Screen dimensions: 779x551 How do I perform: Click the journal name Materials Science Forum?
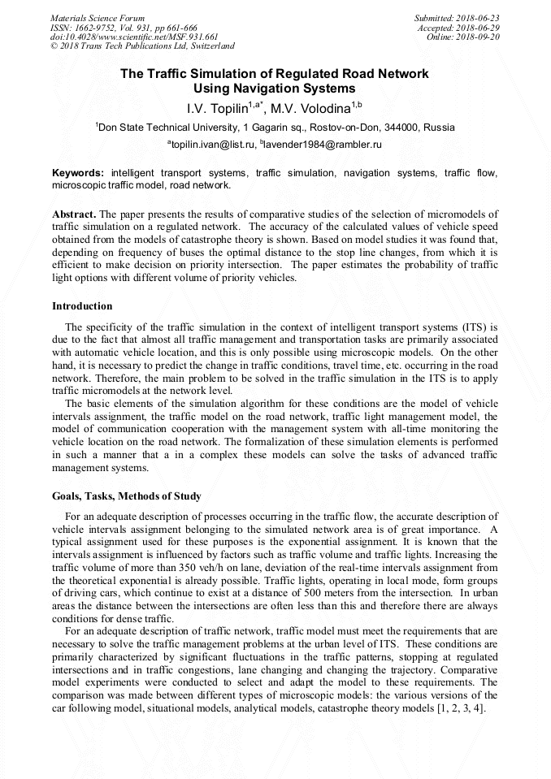click(98, 18)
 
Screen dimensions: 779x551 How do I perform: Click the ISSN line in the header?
click(124, 28)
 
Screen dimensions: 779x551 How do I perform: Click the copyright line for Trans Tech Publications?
click(142, 46)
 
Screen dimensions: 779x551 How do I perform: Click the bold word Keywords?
click(78, 173)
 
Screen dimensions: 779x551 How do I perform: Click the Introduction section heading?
click(82, 306)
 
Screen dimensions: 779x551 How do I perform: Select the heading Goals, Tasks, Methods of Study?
click(127, 496)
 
